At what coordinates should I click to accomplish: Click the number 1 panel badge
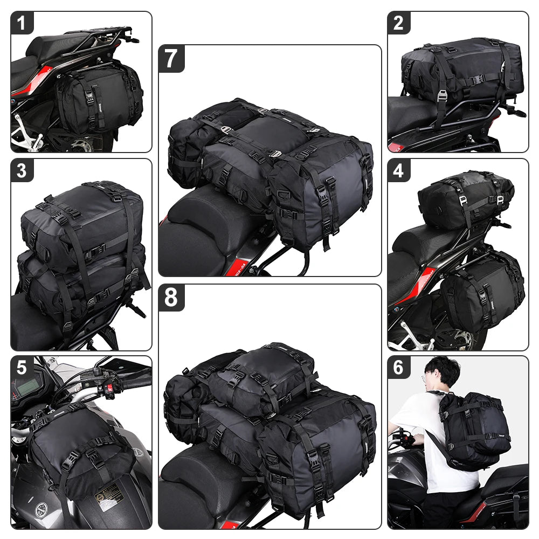coord(22,23)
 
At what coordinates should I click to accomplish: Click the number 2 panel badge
coord(399,23)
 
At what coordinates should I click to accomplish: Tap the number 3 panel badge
coord(22,170)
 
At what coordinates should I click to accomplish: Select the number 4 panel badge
coord(399,170)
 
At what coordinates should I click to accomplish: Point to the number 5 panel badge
coord(22,368)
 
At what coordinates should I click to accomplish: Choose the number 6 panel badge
coord(399,368)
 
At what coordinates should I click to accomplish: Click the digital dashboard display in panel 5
coord(27,388)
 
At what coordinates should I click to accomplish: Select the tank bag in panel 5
coord(81,447)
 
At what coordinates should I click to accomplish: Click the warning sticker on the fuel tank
coord(108,493)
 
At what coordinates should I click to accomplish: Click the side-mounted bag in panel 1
coord(97,100)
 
